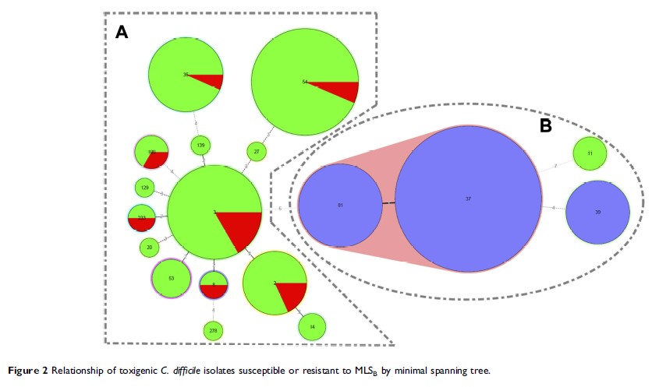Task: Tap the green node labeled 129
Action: [x=145, y=188]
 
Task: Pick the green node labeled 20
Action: [x=150, y=248]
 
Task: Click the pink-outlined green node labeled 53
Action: [x=171, y=277]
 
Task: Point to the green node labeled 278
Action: [x=213, y=331]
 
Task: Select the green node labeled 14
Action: [x=311, y=328]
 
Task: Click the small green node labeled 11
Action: [x=590, y=153]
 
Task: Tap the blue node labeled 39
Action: [x=597, y=213]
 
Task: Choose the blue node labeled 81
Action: [x=340, y=206]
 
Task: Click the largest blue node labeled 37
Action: [x=468, y=199]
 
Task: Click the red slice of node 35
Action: [x=210, y=80]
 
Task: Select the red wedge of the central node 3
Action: [x=239, y=230]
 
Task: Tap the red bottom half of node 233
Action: [x=142, y=224]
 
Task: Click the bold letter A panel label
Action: [x=122, y=32]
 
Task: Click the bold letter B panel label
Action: [x=545, y=125]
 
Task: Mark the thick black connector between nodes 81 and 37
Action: [x=388, y=204]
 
